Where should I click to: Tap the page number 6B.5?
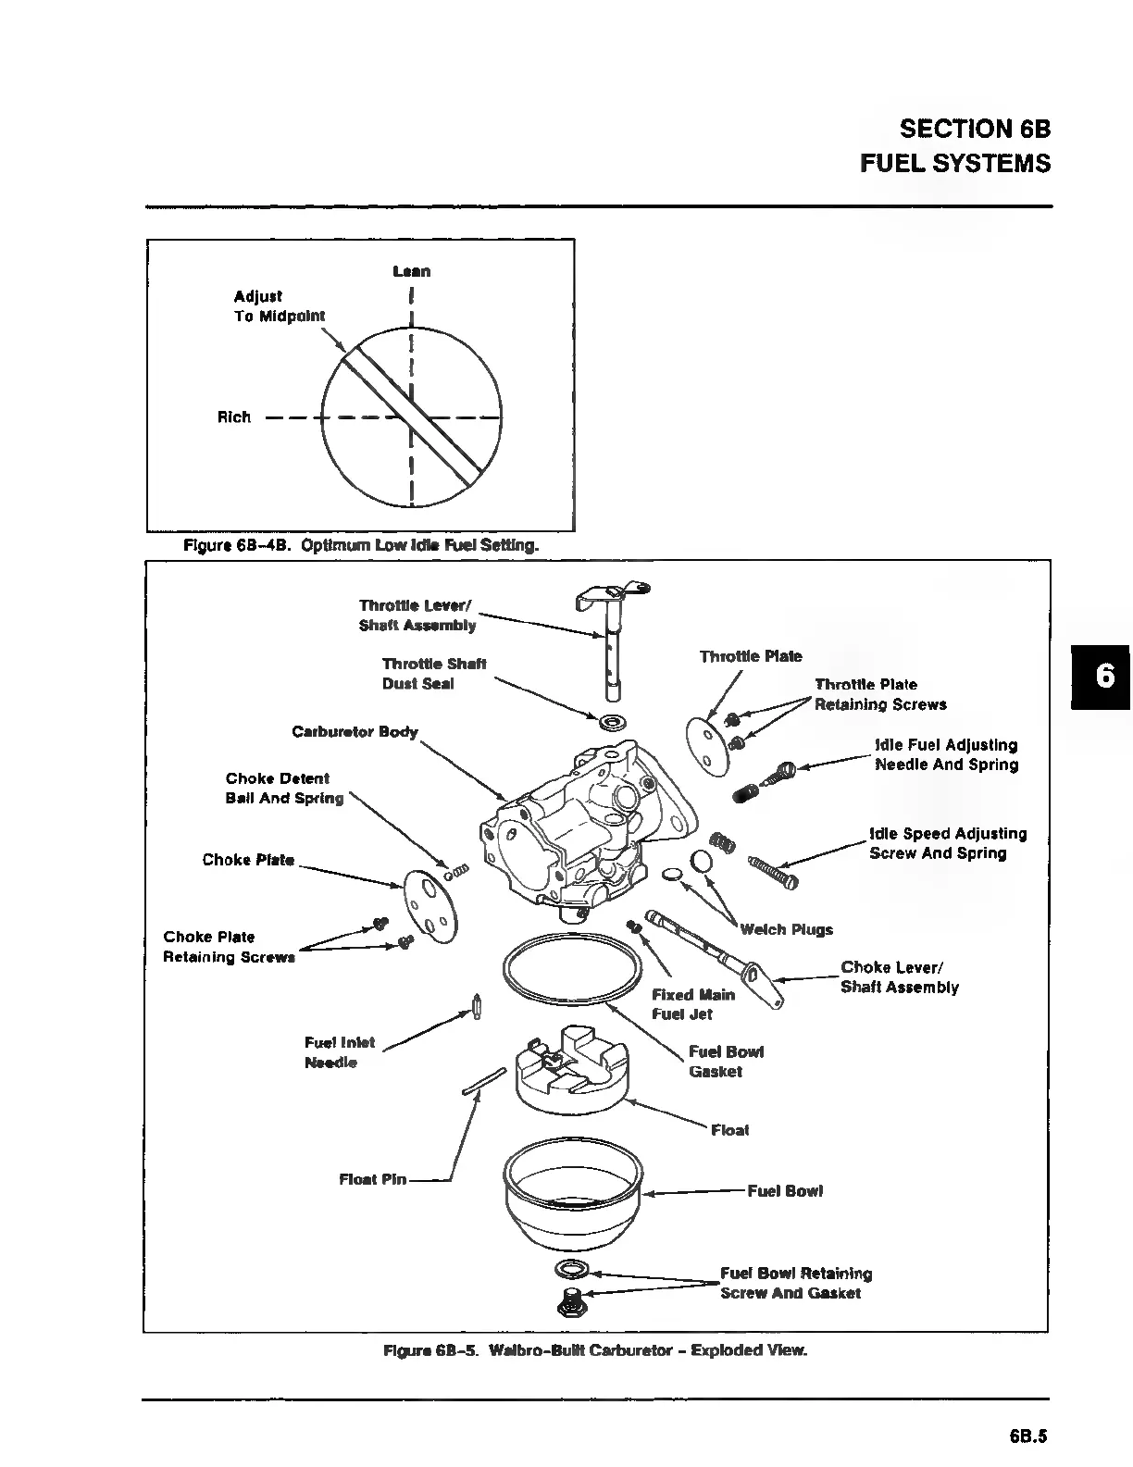tap(1027, 1437)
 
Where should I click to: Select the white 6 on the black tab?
tap(1104, 676)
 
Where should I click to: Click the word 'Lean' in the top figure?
tap(411, 271)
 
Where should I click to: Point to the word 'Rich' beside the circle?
tap(234, 417)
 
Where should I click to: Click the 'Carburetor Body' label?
tap(355, 732)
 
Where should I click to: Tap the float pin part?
tap(483, 1083)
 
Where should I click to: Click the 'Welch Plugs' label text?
tap(786, 930)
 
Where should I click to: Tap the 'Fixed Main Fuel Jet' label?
tap(693, 1004)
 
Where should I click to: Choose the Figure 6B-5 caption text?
tap(595, 1350)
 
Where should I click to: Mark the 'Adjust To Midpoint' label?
tap(279, 306)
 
